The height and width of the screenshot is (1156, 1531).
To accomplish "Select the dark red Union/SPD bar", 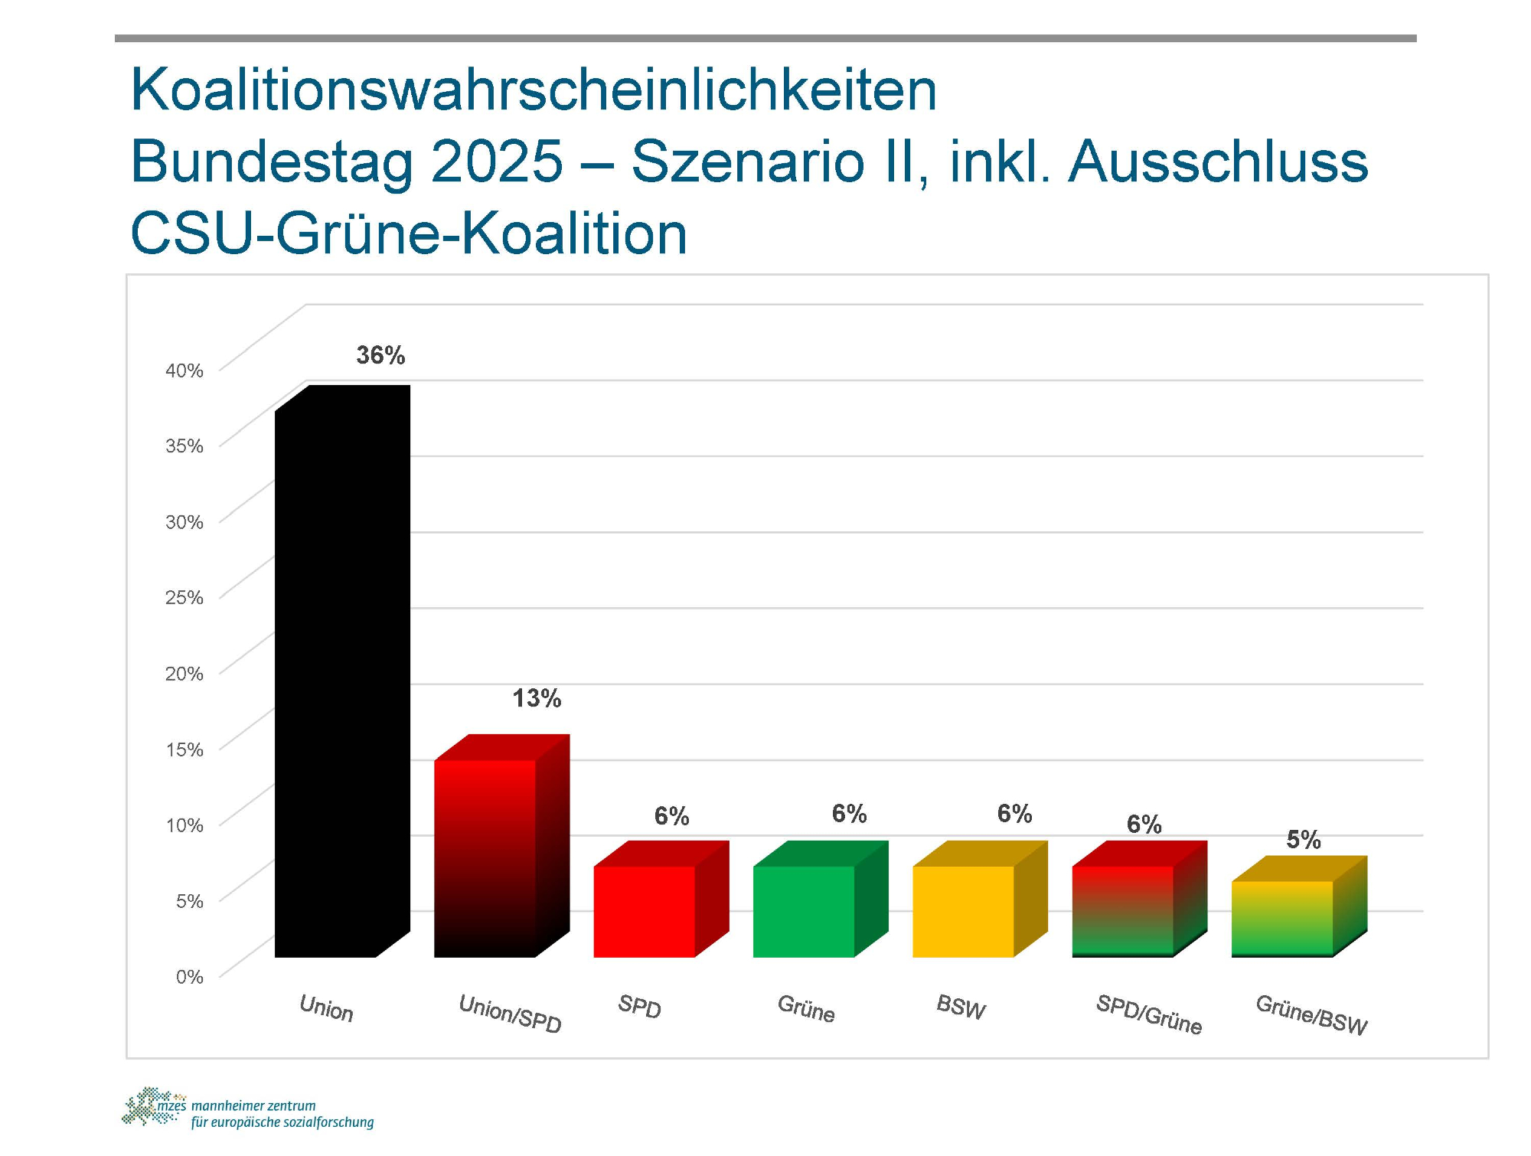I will pos(485,857).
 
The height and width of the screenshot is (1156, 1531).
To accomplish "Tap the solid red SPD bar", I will pos(645,911).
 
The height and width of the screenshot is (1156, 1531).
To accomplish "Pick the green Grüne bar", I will pos(804,911).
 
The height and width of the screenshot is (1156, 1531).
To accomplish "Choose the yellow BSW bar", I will pos(963,911).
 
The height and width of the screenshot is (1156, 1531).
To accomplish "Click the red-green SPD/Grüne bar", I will pos(1122,911).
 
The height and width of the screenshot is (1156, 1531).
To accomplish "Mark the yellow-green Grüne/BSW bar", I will pos(1282,919).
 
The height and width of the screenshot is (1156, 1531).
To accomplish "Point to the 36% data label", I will pos(380,355).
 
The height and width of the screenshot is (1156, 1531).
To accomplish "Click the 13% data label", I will pos(537,698).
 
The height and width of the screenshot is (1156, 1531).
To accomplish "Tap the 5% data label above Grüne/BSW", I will pos(1304,840).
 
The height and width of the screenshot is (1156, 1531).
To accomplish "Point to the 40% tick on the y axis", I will pos(184,371).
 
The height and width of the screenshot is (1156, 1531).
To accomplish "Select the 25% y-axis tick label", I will pos(184,597).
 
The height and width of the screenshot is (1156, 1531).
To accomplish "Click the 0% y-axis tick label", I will pos(189,977).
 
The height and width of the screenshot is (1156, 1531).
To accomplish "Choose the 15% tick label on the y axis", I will pos(184,749).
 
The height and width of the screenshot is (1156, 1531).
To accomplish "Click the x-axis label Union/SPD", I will pos(510,1014).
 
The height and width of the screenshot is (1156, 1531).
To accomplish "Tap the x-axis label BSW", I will pos(961,1007).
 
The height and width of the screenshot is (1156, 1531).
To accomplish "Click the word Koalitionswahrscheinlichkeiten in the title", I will pos(534,90).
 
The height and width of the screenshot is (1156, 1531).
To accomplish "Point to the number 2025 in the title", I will pos(497,162).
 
